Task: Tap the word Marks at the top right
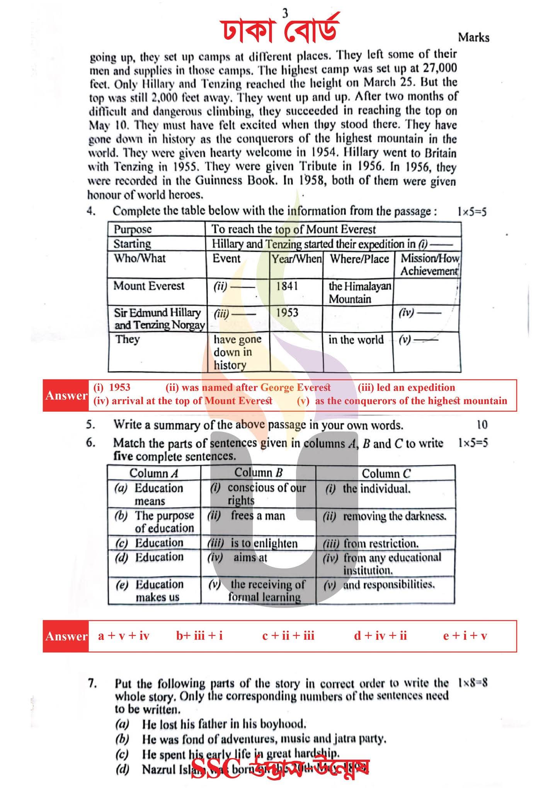(x=473, y=38)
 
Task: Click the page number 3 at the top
(x=285, y=14)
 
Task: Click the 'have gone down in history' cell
(x=237, y=352)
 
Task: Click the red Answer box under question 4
(x=66, y=395)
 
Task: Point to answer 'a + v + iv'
(x=124, y=636)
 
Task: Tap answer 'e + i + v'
(x=465, y=636)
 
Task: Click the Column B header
(x=258, y=473)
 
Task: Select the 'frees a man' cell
(x=258, y=516)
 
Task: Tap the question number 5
(x=90, y=425)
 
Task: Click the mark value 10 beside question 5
(x=482, y=425)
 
